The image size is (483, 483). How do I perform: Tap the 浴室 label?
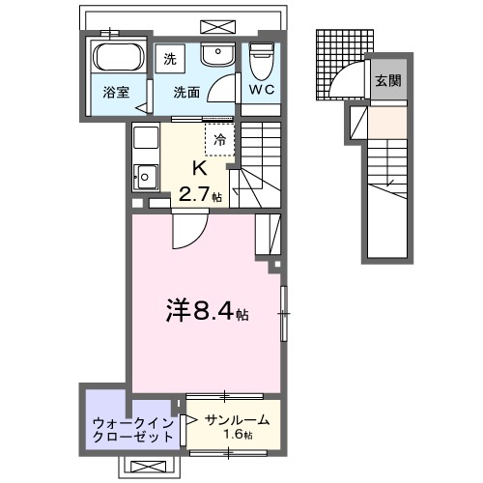click(116, 93)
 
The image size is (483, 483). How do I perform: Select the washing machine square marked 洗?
click(171, 57)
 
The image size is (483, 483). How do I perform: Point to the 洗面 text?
click(186, 93)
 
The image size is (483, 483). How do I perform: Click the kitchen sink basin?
click(146, 177)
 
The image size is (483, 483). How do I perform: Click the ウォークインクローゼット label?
click(132, 429)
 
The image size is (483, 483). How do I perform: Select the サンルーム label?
click(237, 420)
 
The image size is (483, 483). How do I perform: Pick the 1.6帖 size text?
click(237, 437)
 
